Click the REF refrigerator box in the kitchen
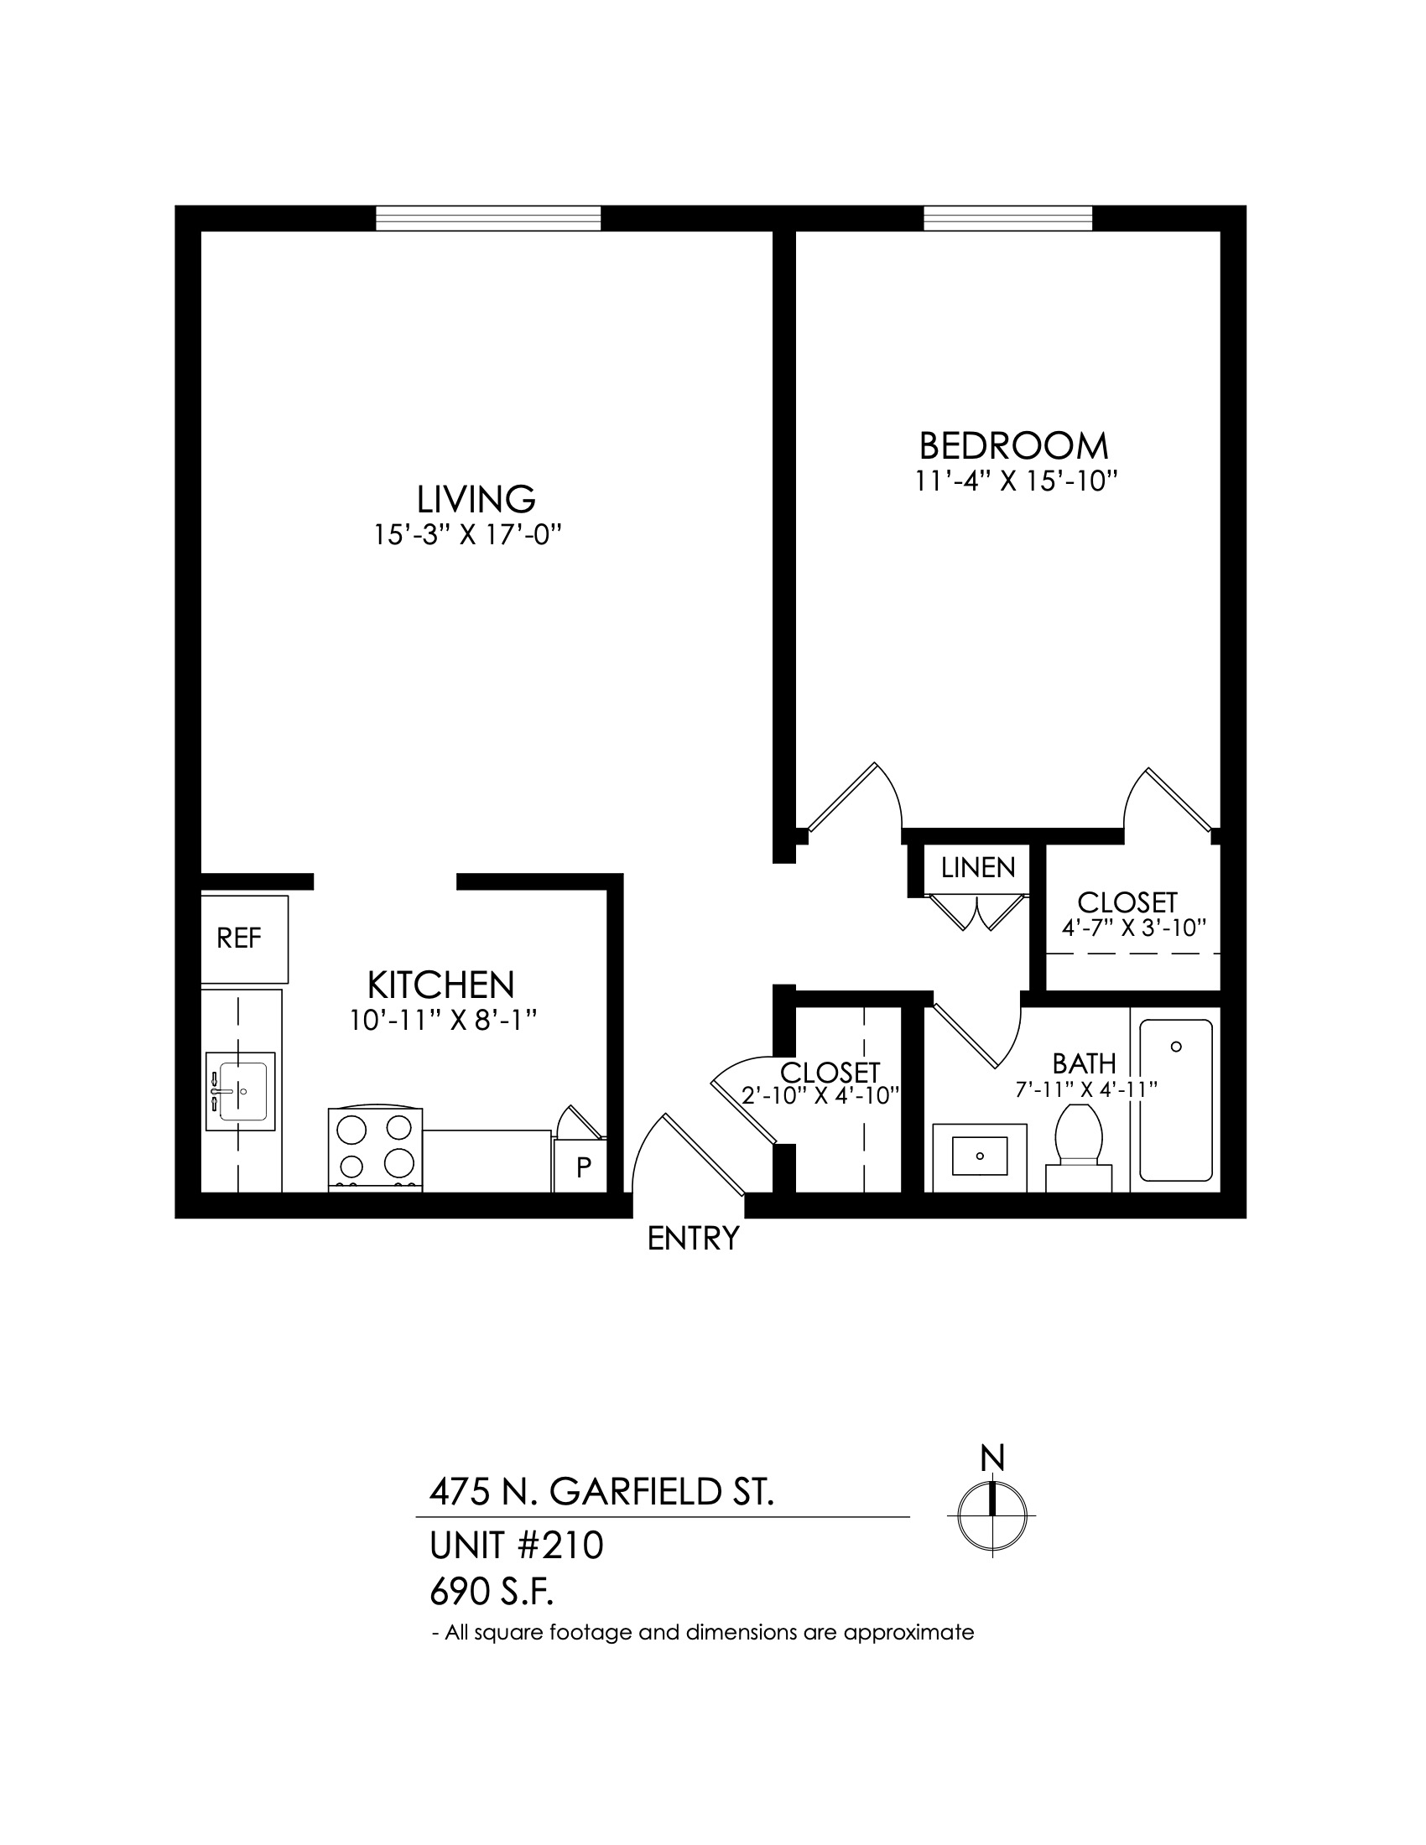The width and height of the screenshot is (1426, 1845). (244, 938)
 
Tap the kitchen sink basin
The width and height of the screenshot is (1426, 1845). (242, 1091)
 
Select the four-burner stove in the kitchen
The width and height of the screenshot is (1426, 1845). (375, 1149)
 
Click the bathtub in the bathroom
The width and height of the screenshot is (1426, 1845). (1175, 1100)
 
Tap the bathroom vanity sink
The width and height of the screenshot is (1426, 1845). (980, 1156)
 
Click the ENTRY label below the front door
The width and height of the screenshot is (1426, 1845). (693, 1239)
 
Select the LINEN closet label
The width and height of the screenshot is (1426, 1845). (977, 868)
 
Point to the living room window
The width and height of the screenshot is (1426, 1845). (488, 218)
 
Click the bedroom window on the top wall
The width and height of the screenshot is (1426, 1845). (1007, 218)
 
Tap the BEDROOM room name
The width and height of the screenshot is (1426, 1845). (1014, 445)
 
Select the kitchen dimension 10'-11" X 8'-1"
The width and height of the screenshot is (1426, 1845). (444, 1021)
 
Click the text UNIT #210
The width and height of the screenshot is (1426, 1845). (516, 1546)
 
